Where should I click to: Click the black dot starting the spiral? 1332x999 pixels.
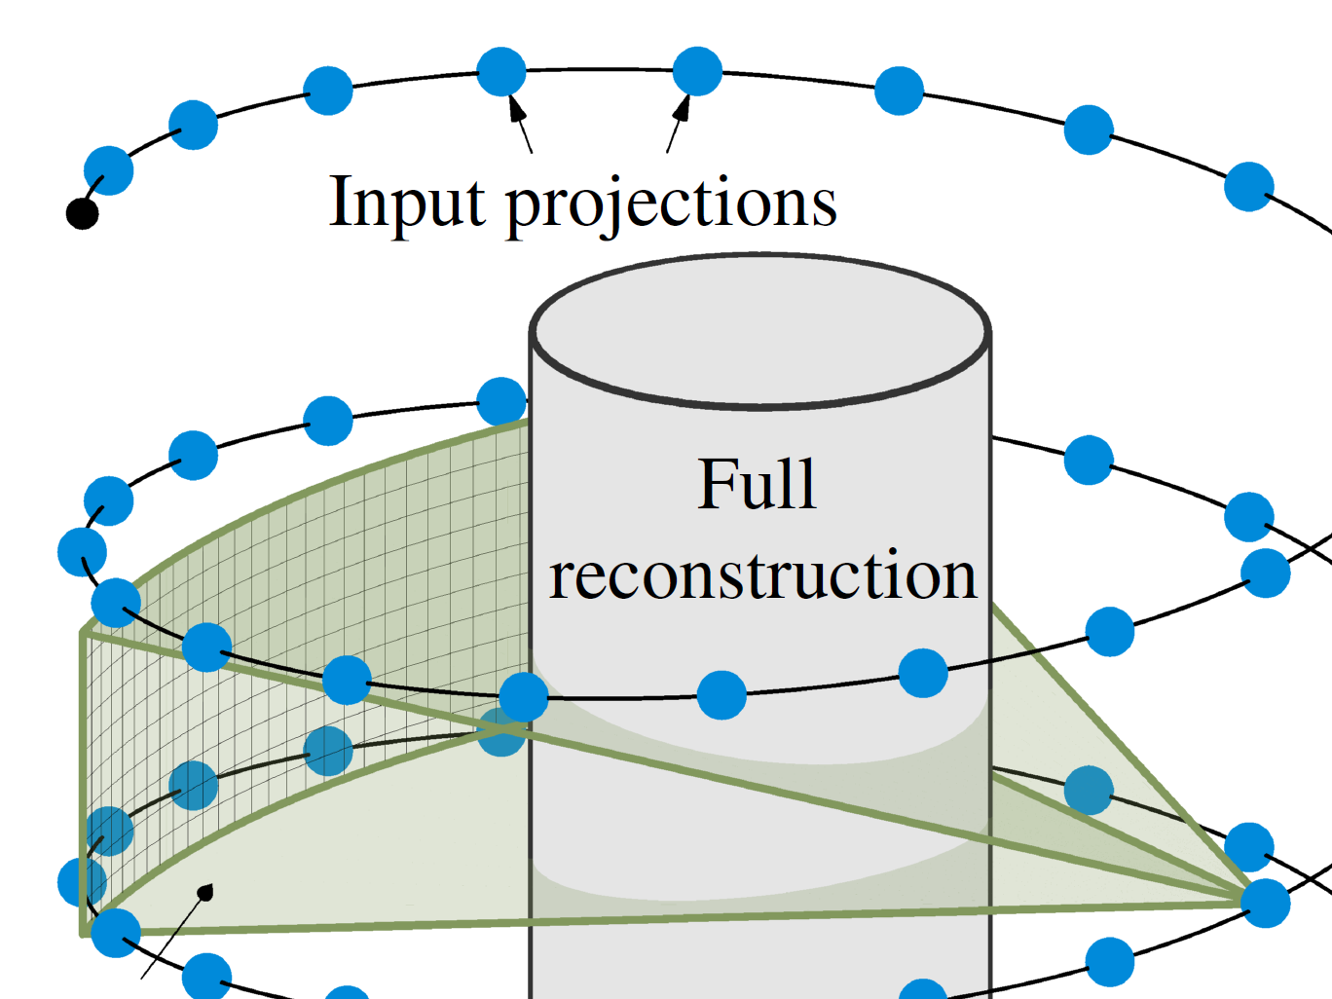(82, 212)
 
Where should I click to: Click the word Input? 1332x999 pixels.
(407, 203)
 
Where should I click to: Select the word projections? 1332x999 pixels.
(671, 204)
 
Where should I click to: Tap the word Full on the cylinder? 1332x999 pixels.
(757, 484)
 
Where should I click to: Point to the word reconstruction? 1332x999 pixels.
(762, 575)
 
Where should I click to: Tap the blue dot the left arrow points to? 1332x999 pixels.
(501, 71)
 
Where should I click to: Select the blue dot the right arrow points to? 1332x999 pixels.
(697, 71)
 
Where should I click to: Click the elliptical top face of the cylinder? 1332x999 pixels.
(759, 331)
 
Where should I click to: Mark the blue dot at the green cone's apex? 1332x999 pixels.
(1266, 903)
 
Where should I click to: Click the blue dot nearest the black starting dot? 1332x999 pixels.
(108, 171)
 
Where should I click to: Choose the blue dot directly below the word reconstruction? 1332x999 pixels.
(721, 695)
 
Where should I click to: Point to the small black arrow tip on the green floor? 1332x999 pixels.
(204, 891)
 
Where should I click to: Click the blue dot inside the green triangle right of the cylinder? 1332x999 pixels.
(1088, 790)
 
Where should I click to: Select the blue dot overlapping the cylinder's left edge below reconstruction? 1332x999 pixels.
(524, 696)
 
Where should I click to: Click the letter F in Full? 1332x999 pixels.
(717, 484)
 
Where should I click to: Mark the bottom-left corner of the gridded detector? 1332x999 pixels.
(84, 933)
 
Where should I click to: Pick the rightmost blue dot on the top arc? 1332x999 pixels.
(1248, 186)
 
